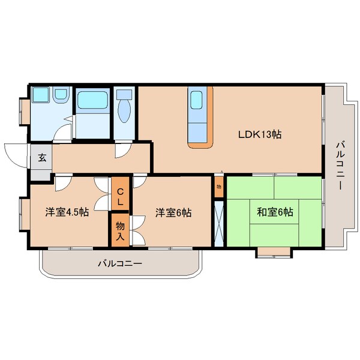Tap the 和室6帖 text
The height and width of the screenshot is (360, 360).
click(x=275, y=212)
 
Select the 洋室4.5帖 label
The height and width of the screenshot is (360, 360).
click(x=67, y=212)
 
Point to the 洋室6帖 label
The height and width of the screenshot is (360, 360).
click(x=173, y=212)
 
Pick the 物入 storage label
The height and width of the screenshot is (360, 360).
click(x=119, y=231)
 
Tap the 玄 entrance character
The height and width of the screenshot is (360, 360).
click(x=42, y=158)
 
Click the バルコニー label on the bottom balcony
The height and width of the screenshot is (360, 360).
click(x=121, y=263)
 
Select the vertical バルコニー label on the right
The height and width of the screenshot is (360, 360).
click(x=339, y=165)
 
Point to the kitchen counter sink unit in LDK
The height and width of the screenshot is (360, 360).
click(x=199, y=116)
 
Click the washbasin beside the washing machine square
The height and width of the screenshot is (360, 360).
click(x=61, y=95)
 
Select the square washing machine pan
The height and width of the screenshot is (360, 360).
click(x=40, y=95)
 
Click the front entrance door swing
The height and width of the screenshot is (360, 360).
click(x=17, y=154)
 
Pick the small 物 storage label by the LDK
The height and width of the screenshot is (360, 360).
click(x=219, y=187)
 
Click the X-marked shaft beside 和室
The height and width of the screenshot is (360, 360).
click(x=219, y=222)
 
